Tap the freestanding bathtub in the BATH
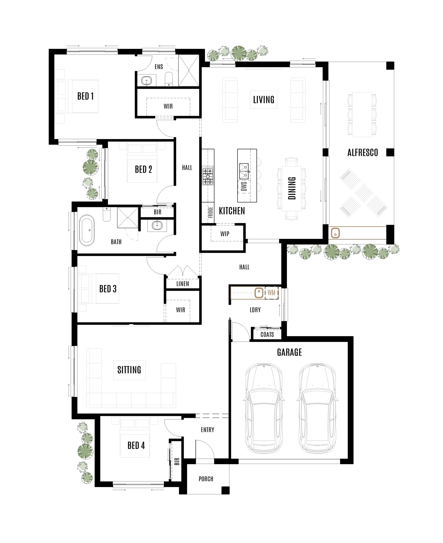[x=87, y=230]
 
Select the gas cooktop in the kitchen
[x=208, y=176]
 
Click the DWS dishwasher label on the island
[x=244, y=186]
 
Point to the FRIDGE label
[x=210, y=213]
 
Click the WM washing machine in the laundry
[x=271, y=292]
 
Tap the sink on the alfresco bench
[x=335, y=233]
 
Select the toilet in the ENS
[x=169, y=79]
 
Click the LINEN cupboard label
[x=182, y=284]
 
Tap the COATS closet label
[x=267, y=334]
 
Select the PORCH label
[x=206, y=479]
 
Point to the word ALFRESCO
[x=362, y=153]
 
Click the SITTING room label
[x=129, y=369]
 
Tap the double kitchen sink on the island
[x=244, y=171]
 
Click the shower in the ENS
[x=189, y=70]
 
